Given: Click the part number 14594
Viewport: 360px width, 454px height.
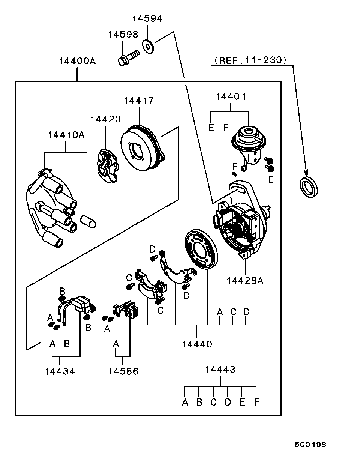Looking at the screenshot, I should [x=147, y=19].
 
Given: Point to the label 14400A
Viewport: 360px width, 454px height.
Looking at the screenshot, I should [x=77, y=61].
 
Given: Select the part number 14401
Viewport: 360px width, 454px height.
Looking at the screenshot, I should [x=231, y=96].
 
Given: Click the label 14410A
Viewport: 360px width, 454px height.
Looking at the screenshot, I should [x=66, y=135].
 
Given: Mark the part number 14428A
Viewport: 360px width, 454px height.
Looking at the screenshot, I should [x=244, y=280].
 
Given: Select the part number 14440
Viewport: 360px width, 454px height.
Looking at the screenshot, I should [x=197, y=344].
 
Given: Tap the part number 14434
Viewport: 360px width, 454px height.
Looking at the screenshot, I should [x=60, y=371].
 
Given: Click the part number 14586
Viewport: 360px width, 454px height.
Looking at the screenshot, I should [x=123, y=371].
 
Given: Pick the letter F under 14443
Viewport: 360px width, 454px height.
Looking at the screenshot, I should [x=256, y=403].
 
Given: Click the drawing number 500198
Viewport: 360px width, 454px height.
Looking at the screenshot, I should [x=310, y=445].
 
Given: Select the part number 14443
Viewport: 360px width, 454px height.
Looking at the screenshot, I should [x=220, y=370].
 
